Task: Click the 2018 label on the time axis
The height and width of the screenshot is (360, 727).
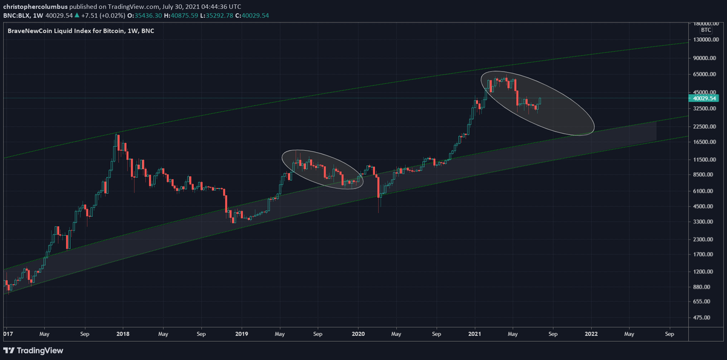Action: point(123,333)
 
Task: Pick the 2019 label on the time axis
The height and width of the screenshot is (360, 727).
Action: point(241,333)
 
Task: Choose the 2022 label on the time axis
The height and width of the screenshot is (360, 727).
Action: point(591,333)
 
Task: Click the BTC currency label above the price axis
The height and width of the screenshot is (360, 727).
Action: point(705,29)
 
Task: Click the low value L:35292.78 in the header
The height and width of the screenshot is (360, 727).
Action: point(219,15)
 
